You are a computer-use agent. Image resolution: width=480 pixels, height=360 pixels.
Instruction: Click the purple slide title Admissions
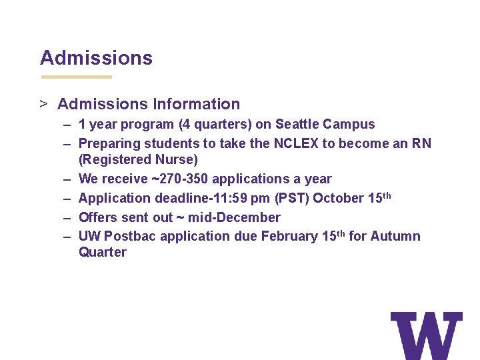pyautogui.click(x=96, y=58)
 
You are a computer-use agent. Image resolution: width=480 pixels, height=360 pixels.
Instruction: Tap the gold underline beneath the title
pyautogui.click(x=76, y=77)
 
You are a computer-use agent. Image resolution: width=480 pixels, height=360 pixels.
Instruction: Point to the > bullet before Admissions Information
pyautogui.click(x=43, y=104)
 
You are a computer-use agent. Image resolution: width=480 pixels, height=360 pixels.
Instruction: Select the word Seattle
pyautogui.click(x=297, y=124)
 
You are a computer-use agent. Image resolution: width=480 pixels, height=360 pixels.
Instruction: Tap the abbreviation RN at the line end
pyautogui.click(x=421, y=143)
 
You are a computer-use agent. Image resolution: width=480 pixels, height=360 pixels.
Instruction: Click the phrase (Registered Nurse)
pyautogui.click(x=138, y=159)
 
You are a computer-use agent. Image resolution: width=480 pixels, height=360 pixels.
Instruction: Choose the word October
pyautogui.click(x=338, y=198)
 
